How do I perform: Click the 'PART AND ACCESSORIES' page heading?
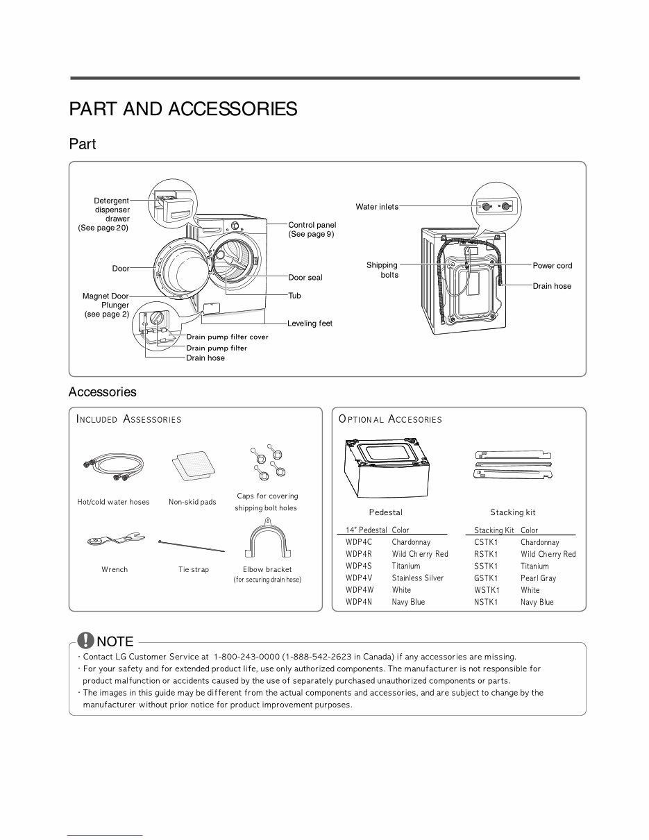click(x=183, y=109)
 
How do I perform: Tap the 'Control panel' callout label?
click(x=312, y=225)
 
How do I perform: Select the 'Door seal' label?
click(x=305, y=278)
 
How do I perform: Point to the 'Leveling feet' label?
click(x=310, y=324)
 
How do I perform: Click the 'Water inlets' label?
click(x=377, y=207)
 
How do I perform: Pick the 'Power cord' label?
click(x=553, y=266)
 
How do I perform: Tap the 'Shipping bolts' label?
click(x=382, y=269)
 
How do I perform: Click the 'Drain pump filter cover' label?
click(x=227, y=337)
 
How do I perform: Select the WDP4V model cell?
click(x=359, y=578)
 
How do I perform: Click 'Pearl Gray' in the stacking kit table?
click(x=538, y=578)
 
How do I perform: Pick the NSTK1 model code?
click(x=486, y=602)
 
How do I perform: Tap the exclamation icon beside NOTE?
click(x=85, y=640)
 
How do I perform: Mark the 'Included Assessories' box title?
click(x=129, y=419)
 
